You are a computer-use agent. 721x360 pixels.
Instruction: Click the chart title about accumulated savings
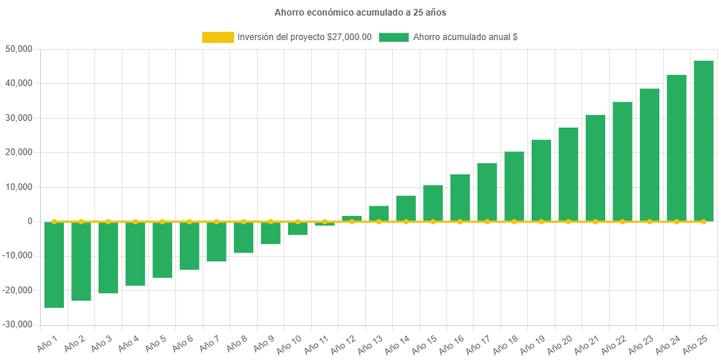tap(360, 13)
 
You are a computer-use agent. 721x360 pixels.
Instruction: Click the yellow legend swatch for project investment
tap(217, 37)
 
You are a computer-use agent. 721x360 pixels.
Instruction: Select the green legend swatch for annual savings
tap(394, 37)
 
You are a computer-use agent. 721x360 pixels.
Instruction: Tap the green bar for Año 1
tap(54, 264)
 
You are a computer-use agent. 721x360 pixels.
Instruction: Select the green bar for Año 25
tap(703, 141)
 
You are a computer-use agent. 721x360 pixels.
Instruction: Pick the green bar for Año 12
tap(352, 218)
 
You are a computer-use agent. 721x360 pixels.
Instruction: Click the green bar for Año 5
tap(163, 250)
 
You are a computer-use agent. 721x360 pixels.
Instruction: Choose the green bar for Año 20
tap(568, 174)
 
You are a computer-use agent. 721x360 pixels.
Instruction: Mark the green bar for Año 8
tap(244, 238)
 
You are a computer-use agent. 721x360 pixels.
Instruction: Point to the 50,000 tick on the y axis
tap(19, 49)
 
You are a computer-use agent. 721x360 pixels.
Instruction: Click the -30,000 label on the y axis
tap(18, 324)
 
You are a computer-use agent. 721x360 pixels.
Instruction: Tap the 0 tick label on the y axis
tap(30, 221)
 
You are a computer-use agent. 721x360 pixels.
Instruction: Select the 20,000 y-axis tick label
tap(19, 152)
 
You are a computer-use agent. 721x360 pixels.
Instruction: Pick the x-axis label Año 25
tap(696, 344)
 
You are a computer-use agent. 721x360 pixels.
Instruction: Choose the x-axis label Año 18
tap(506, 344)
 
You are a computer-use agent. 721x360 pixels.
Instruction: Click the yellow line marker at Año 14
tap(406, 221)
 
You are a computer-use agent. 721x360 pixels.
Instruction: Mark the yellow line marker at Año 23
tap(649, 221)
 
